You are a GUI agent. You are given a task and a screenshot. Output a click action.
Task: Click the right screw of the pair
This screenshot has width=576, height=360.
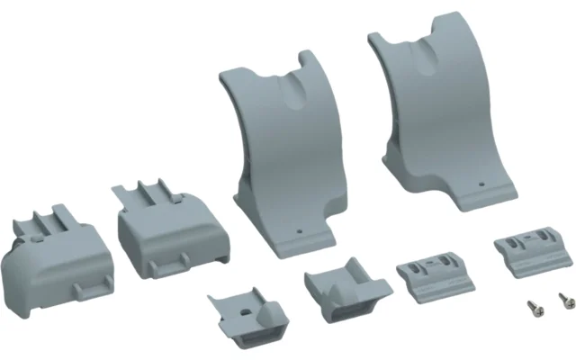tap(562, 298)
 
